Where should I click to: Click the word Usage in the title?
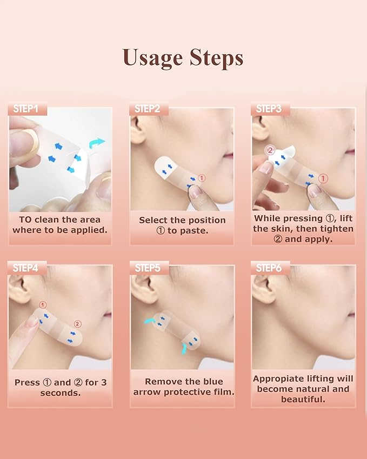152,57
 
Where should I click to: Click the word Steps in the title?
216,57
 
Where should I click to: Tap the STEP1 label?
26,109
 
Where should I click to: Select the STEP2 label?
147,109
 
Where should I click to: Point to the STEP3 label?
269,109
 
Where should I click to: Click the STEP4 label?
26,268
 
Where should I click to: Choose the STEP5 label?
147,268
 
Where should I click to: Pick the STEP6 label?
269,268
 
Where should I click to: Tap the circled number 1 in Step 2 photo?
201,177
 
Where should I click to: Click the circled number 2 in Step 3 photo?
270,151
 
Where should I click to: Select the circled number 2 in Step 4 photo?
77,324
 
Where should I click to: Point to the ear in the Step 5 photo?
142,289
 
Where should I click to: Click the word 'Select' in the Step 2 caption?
153,220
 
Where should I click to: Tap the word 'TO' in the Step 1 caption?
25,220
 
